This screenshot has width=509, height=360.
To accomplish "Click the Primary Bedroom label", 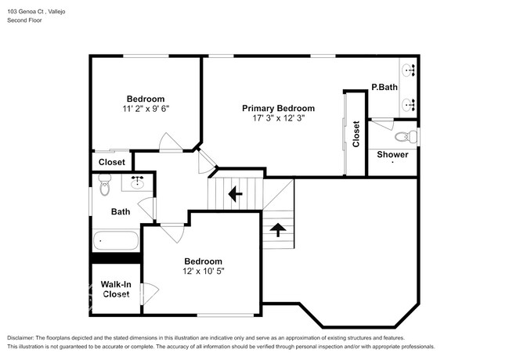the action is [278, 108].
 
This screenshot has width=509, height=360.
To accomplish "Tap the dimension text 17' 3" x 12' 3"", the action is [279, 118].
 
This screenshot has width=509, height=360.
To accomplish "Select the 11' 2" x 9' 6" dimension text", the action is [146, 109].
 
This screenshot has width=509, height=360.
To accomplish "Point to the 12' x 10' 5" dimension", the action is [204, 271].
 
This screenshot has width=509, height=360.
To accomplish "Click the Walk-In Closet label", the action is [116, 290].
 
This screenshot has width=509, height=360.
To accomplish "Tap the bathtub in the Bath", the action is [116, 240].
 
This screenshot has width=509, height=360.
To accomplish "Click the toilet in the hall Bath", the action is [104, 185].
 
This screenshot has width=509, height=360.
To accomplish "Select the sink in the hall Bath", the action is [138, 182].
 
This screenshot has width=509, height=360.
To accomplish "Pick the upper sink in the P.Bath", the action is [408, 70].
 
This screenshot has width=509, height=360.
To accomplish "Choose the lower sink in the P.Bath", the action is [408, 105].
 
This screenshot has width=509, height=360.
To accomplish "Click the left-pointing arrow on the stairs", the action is [236, 194].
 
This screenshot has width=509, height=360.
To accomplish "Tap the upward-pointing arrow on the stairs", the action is [278, 229].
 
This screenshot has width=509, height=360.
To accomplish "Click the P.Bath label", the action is [384, 87].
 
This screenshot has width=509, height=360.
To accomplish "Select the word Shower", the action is [392, 154].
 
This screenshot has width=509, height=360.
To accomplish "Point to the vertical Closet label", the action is [356, 134].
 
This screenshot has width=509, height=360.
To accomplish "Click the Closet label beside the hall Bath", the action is [112, 162].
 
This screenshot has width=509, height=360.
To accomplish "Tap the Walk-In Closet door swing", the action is [150, 293].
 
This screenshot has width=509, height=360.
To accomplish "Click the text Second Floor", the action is [25, 20].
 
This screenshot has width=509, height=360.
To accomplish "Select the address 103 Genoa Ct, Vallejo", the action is [36, 12].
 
